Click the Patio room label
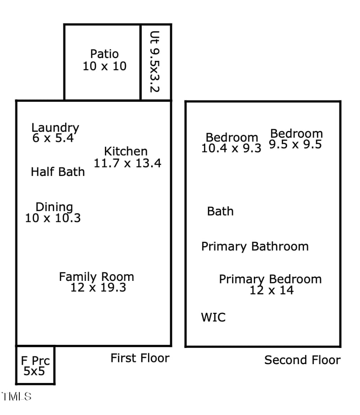pyautogui.click(x=104, y=54)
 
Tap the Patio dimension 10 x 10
pyautogui.click(x=104, y=66)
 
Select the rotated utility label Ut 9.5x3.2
pyautogui.click(x=154, y=62)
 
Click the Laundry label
pyautogui.click(x=55, y=128)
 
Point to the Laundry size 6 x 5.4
pyautogui.click(x=53, y=138)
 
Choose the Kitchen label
pyautogui.click(x=126, y=152)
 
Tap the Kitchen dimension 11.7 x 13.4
pyautogui.click(x=127, y=163)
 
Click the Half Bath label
pyautogui.click(x=58, y=171)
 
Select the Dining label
pyautogui.click(x=54, y=207)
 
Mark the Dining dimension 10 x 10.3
pyautogui.click(x=53, y=218)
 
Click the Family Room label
pyautogui.click(x=96, y=276)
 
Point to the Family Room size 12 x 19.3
pyautogui.click(x=98, y=287)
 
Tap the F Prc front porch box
pyautogui.click(x=36, y=366)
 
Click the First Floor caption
pyautogui.click(x=140, y=358)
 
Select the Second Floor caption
pyautogui.click(x=302, y=360)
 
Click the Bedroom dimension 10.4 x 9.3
pyautogui.click(x=231, y=149)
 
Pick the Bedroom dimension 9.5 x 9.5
pyautogui.click(x=295, y=144)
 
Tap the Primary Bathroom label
pyautogui.click(x=255, y=247)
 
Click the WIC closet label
pyautogui.click(x=213, y=317)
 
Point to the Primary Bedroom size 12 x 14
pyautogui.click(x=271, y=290)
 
